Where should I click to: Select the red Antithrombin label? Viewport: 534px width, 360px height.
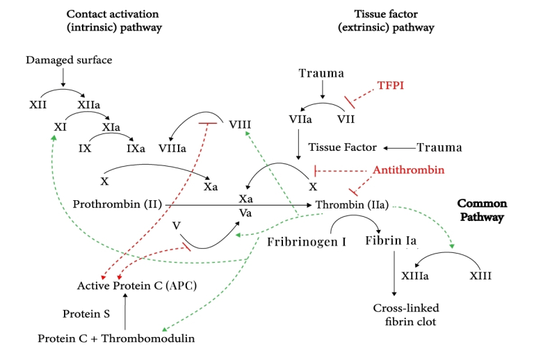(x=408, y=170)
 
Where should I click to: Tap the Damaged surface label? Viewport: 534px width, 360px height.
(x=69, y=60)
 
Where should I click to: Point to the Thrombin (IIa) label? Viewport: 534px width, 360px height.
(x=352, y=205)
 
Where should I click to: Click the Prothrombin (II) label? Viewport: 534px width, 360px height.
(x=117, y=204)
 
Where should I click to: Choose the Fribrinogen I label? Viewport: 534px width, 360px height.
(x=307, y=243)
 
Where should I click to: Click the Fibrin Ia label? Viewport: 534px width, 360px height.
(x=391, y=241)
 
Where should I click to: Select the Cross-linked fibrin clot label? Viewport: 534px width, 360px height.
(x=406, y=313)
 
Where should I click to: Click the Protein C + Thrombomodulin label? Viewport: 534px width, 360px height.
(x=116, y=338)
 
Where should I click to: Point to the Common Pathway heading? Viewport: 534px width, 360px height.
(x=481, y=211)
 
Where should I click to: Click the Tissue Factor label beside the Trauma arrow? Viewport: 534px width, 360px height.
(x=342, y=147)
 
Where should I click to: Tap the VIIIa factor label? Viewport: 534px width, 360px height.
(x=172, y=147)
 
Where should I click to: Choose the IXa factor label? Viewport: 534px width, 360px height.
(x=136, y=148)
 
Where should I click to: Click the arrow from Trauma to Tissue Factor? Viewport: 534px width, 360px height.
(x=399, y=147)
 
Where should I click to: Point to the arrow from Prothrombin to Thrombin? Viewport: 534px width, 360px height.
(x=236, y=205)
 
